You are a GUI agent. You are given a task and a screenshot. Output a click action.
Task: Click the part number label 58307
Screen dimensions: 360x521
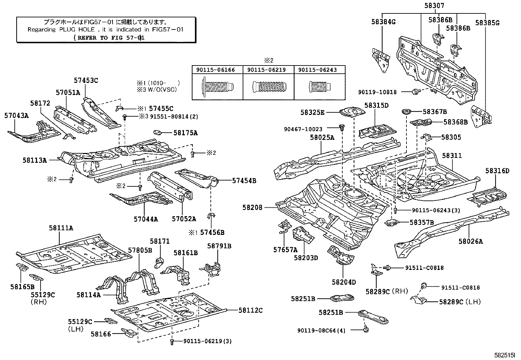435,6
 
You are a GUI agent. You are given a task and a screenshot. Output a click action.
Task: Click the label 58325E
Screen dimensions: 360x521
312,112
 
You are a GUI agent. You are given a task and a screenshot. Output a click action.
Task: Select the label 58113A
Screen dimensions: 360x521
35,160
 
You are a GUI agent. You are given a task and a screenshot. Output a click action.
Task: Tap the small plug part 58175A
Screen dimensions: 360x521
158,133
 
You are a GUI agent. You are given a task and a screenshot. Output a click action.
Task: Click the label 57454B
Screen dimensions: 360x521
244,180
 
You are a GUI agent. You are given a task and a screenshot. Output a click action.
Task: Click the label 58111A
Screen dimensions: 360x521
61,228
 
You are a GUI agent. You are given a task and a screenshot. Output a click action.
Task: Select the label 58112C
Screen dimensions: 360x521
250,310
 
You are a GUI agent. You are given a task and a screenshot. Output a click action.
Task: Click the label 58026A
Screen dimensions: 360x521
471,241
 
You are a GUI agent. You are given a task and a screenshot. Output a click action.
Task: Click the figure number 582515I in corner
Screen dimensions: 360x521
504,355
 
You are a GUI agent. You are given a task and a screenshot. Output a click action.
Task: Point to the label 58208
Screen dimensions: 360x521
252,207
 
